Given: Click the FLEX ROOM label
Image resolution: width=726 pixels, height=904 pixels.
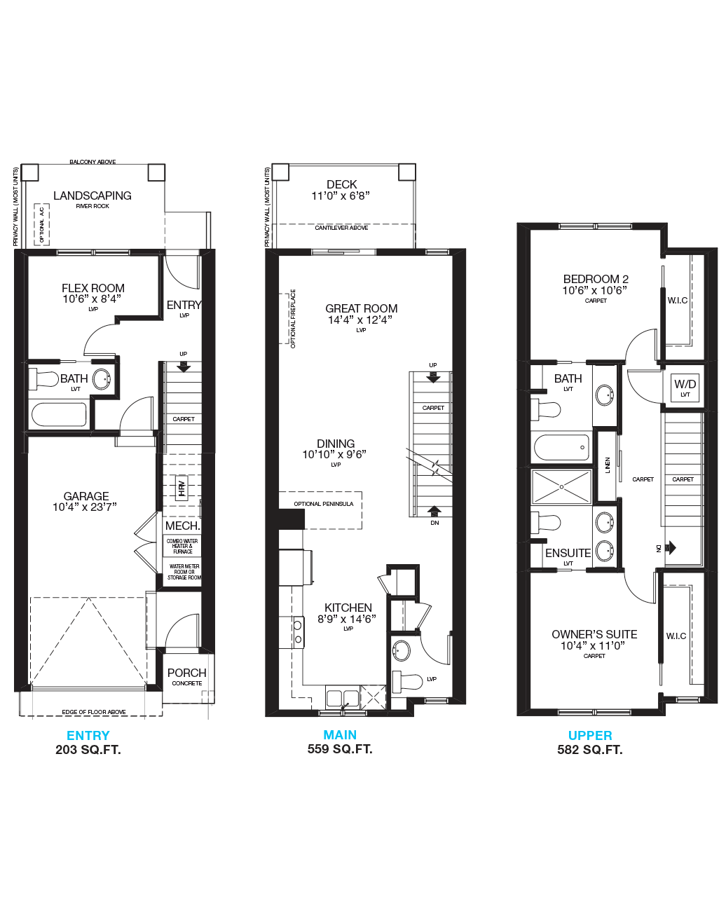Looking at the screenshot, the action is (93, 288).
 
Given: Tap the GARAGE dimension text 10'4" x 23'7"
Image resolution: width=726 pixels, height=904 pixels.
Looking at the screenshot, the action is (85, 507).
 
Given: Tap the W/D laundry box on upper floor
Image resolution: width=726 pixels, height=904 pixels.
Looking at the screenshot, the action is (685, 388).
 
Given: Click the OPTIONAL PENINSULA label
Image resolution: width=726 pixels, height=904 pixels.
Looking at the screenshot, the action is (324, 504).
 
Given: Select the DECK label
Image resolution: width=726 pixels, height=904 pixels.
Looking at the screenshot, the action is (341, 184).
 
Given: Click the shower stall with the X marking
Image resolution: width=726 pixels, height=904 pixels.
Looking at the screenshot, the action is (562, 487).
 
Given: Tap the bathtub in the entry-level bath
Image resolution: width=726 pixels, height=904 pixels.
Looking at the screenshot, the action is (60, 415).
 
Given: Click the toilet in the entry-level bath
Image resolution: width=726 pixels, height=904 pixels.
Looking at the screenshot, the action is (43, 379).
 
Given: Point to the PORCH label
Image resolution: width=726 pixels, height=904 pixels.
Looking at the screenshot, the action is (186, 673).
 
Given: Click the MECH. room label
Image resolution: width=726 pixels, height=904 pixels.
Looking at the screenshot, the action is (182, 526).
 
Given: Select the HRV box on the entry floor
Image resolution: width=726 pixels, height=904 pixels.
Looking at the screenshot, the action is (182, 487).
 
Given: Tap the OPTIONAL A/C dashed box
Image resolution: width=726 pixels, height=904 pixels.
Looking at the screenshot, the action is (41, 224).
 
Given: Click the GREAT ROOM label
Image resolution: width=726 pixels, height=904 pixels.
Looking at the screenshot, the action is (362, 308).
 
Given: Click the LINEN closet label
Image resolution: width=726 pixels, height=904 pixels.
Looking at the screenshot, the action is (608, 465).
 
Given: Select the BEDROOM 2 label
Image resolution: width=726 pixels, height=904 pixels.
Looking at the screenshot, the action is (596, 279).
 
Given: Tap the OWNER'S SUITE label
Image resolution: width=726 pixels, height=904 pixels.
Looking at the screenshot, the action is (594, 634).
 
